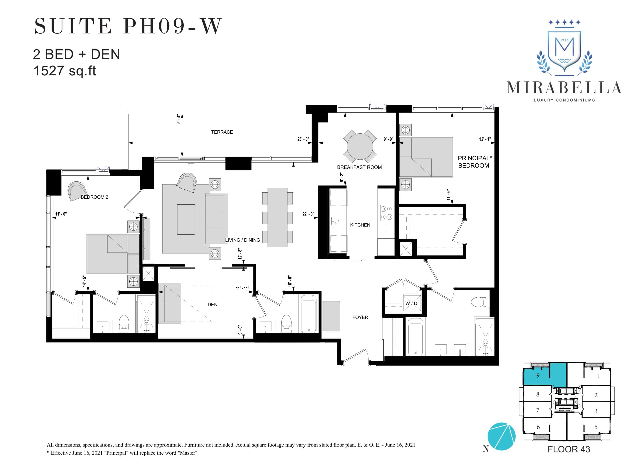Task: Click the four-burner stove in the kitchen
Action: click(x=386, y=213)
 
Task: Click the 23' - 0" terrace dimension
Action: click(x=303, y=139)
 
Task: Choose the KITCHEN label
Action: click(x=360, y=225)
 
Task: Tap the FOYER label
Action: click(x=360, y=317)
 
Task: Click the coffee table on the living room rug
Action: click(x=186, y=219)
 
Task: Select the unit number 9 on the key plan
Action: click(x=538, y=375)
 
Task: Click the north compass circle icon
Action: click(x=501, y=436)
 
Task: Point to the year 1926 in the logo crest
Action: click(x=564, y=40)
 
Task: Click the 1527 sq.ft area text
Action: click(x=65, y=71)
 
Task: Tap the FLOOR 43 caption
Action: click(x=568, y=449)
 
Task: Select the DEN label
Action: click(x=212, y=304)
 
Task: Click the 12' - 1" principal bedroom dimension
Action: click(x=485, y=139)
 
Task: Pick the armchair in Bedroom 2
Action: click(x=77, y=191)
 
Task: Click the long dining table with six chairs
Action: click(x=277, y=218)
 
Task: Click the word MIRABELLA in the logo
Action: click(x=564, y=88)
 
